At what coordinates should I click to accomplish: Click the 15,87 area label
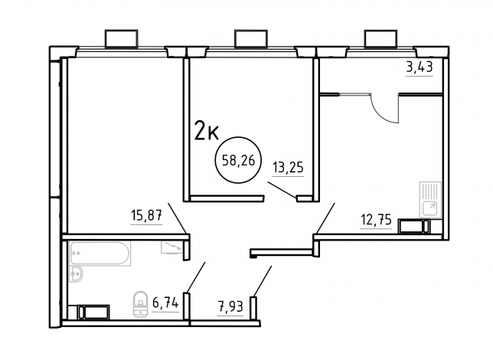point(146,216)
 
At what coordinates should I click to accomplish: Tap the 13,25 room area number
point(288,168)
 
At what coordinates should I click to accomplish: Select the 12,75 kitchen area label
point(376,220)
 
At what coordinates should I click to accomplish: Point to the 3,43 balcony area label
point(420,67)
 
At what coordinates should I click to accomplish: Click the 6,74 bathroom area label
point(165,303)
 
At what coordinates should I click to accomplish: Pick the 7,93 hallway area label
point(230,306)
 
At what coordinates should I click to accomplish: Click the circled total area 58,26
point(237,161)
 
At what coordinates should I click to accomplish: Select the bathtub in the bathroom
point(100,254)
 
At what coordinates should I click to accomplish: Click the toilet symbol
point(141,303)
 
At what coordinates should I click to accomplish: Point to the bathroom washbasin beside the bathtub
point(76,274)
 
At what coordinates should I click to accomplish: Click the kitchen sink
point(430,199)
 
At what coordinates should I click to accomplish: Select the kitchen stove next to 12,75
point(413,226)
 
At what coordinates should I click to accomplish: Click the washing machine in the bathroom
point(93,312)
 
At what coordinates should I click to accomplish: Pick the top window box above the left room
point(122,39)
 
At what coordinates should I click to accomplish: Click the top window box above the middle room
point(251,39)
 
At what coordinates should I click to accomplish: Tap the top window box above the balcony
point(380,39)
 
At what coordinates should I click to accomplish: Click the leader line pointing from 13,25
point(282,190)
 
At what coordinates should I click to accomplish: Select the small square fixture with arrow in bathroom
point(172,247)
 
